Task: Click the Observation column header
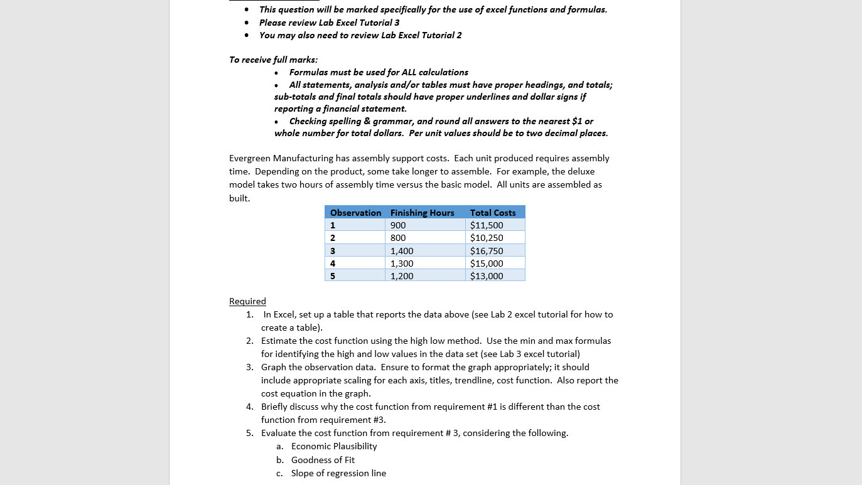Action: tap(355, 213)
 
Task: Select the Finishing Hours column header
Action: tap(422, 213)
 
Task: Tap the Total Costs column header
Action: tap(493, 213)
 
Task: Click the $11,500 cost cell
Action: tap(487, 225)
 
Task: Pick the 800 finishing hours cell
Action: tap(398, 238)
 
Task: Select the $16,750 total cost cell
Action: tap(487, 251)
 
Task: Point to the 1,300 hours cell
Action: tap(402, 264)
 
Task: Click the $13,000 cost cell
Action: tap(487, 276)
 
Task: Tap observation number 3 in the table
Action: tap(333, 251)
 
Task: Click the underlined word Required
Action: tap(247, 301)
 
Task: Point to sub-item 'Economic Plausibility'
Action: tap(334, 446)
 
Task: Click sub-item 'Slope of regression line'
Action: tap(338, 473)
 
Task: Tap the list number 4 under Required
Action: tap(249, 407)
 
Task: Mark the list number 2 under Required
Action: tap(249, 341)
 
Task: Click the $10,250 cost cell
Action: tap(487, 238)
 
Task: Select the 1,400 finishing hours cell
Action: tap(402, 251)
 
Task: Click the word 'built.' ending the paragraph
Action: tap(239, 198)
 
